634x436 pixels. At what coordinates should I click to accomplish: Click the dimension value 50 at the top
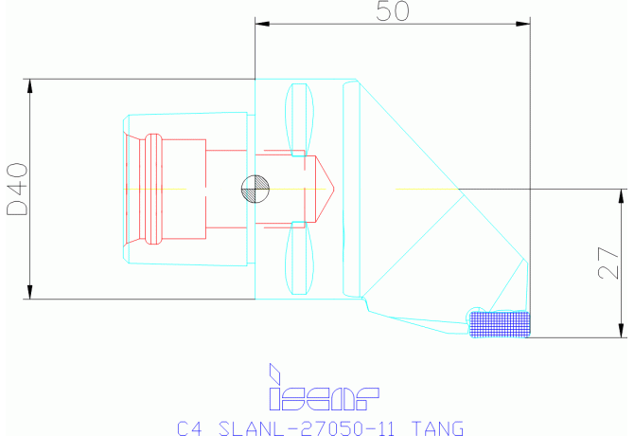pos(392,11)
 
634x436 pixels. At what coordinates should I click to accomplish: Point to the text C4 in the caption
pos(190,427)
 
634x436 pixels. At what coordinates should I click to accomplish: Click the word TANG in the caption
pos(438,427)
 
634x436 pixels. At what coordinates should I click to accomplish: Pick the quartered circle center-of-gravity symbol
pos(255,189)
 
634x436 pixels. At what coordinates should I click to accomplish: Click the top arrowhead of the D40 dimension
pos(31,86)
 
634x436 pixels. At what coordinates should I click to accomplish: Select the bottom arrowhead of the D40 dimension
pos(31,291)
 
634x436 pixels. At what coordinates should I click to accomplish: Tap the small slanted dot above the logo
pos(274,370)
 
